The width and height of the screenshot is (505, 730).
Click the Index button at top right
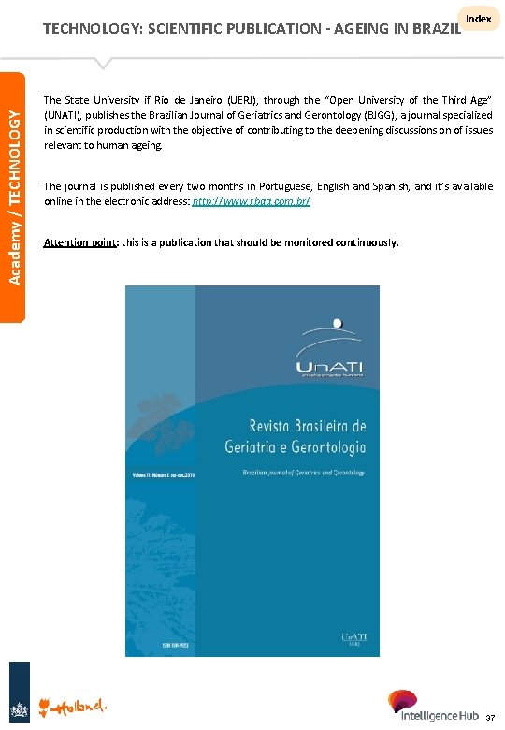point(478,20)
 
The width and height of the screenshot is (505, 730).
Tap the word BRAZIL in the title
point(432,28)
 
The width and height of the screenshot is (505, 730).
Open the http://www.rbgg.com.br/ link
point(251,201)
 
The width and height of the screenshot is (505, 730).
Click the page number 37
point(490,718)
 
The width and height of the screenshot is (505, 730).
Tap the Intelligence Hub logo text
point(437,716)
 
